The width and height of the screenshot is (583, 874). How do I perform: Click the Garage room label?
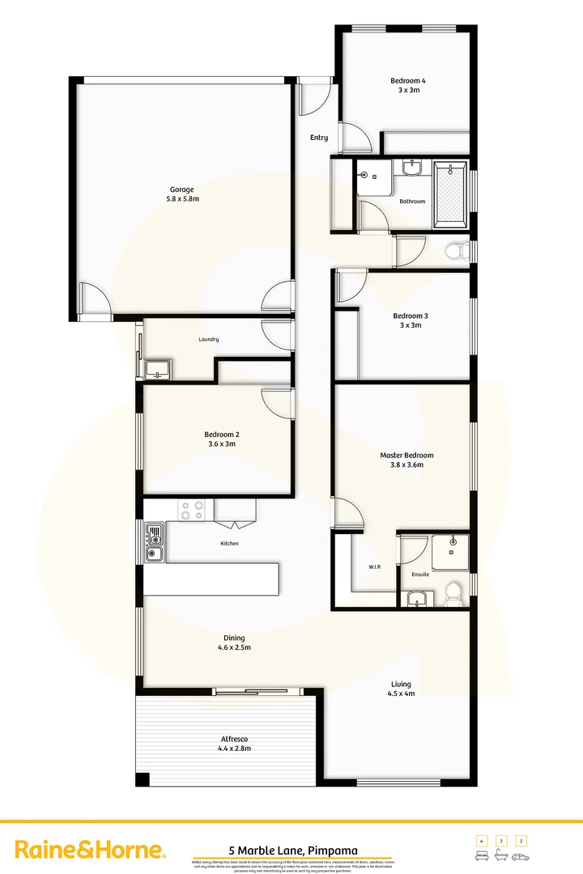(x=181, y=189)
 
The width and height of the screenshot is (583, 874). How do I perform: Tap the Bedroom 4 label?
(x=408, y=81)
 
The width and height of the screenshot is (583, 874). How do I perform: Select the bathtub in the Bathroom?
(x=451, y=195)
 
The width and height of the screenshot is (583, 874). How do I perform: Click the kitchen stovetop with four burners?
(x=193, y=510)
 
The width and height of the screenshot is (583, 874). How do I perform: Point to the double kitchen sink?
(x=154, y=542)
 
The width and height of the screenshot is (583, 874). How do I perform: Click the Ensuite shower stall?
(x=450, y=551)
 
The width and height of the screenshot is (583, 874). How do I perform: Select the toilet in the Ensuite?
(x=453, y=592)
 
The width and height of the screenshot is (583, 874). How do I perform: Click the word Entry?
(x=319, y=138)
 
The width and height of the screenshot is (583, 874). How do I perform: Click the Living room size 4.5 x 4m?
(x=401, y=694)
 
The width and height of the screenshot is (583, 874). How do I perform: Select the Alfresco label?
(x=234, y=739)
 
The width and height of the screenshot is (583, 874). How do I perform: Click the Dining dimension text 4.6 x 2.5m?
(x=234, y=647)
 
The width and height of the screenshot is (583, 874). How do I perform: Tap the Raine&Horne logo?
(x=91, y=850)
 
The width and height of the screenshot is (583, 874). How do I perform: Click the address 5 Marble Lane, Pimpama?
(x=292, y=851)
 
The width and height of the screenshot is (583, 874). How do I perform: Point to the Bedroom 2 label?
(x=221, y=435)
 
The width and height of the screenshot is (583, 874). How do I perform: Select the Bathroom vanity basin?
(x=412, y=169)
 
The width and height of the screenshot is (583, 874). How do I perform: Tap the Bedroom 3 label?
(x=410, y=316)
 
